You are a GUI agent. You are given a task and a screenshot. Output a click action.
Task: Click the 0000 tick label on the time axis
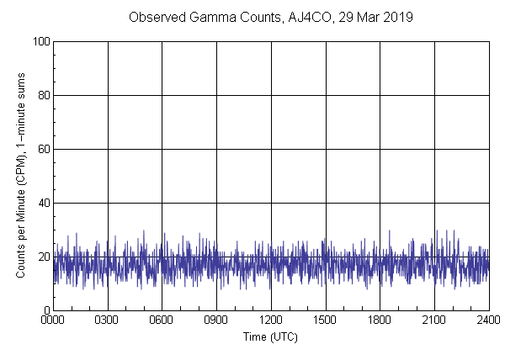click(x=53, y=320)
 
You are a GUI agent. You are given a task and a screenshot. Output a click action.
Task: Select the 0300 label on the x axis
click(x=108, y=320)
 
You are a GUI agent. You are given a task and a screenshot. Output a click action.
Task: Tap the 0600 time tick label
click(x=162, y=320)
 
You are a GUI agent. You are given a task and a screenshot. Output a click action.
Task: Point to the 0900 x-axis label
click(x=216, y=320)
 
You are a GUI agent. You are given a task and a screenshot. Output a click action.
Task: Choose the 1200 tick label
click(x=271, y=320)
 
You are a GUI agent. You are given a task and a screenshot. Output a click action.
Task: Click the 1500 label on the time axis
click(x=326, y=320)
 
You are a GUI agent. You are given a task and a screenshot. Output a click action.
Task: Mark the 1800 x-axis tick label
click(x=380, y=320)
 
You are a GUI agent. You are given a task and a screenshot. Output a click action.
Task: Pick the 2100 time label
click(x=434, y=320)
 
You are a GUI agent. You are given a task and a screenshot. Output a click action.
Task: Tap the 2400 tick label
click(x=488, y=320)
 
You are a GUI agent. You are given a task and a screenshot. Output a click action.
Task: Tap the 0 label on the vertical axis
click(x=45, y=310)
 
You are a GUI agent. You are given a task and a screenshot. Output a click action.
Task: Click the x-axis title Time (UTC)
click(x=270, y=336)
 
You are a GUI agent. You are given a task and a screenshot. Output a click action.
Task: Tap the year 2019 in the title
click(x=396, y=18)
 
